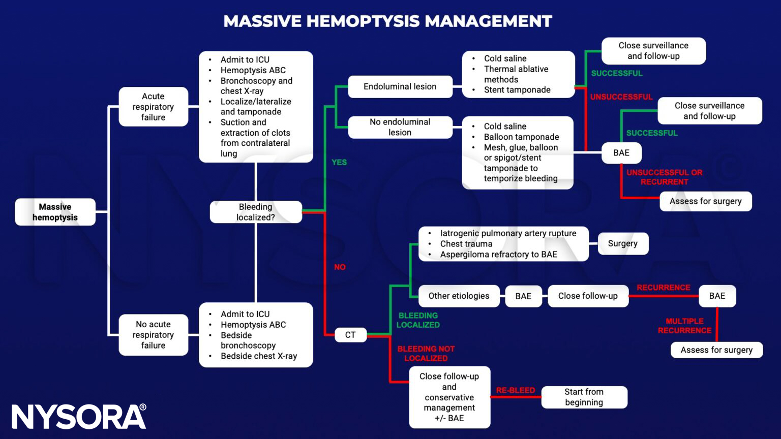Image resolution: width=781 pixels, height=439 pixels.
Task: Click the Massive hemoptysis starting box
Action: coord(55,212)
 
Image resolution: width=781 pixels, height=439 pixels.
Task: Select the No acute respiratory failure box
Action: coord(153,335)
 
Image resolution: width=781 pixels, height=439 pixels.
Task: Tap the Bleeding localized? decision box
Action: coord(255,212)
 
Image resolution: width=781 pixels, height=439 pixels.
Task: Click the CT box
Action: coord(350,335)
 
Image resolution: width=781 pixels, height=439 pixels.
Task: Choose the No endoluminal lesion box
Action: coord(400,127)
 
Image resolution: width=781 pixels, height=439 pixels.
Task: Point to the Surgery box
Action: coord(622,243)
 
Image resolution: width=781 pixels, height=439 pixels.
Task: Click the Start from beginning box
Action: coord(584,397)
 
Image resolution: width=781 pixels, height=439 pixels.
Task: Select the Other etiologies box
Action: coord(459,296)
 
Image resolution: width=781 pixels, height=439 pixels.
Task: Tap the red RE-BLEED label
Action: coord(516,390)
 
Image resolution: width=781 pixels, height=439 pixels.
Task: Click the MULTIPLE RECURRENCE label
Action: coord(684,326)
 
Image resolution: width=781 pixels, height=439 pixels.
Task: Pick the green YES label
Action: coord(339,162)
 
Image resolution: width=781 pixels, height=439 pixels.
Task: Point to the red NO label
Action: coord(340,267)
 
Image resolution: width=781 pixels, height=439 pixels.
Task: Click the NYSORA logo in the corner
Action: coord(79,417)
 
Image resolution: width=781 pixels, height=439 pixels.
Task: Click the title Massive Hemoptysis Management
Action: coord(387,21)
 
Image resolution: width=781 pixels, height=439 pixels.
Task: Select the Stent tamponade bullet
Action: coord(517,90)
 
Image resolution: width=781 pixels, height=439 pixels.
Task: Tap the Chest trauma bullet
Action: coord(466,244)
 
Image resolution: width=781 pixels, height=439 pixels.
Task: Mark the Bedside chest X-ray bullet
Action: coord(258,356)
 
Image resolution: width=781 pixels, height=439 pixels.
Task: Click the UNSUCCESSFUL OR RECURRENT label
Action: coord(664,177)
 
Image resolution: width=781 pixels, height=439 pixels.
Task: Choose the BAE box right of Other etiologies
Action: coord(523,296)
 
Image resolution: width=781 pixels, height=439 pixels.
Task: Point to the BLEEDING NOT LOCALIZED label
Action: coord(426,353)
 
